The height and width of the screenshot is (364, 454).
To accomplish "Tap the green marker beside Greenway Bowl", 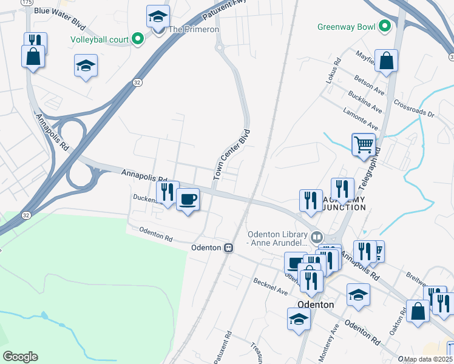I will (384, 27).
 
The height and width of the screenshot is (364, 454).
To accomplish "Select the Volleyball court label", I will (100, 39).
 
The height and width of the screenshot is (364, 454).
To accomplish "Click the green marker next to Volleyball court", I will (137, 39).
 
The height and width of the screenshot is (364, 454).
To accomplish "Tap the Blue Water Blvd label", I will (59, 11).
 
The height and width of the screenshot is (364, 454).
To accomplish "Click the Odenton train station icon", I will (229, 248).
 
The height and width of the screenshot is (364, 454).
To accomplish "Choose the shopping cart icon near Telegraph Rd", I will (364, 145).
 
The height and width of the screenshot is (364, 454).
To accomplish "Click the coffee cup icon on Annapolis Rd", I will (188, 198).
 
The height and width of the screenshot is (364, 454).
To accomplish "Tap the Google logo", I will (20, 357).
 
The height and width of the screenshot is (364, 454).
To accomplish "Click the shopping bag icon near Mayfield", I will (386, 61).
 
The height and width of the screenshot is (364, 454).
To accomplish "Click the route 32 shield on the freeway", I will (138, 82).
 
